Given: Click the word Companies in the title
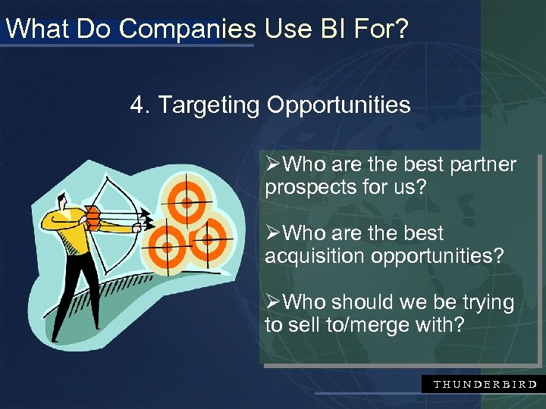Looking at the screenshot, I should [x=187, y=29].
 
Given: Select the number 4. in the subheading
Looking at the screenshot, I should [x=141, y=105].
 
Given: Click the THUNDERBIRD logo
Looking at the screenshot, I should [x=485, y=384].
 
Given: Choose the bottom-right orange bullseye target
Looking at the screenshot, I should [x=206, y=239].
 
